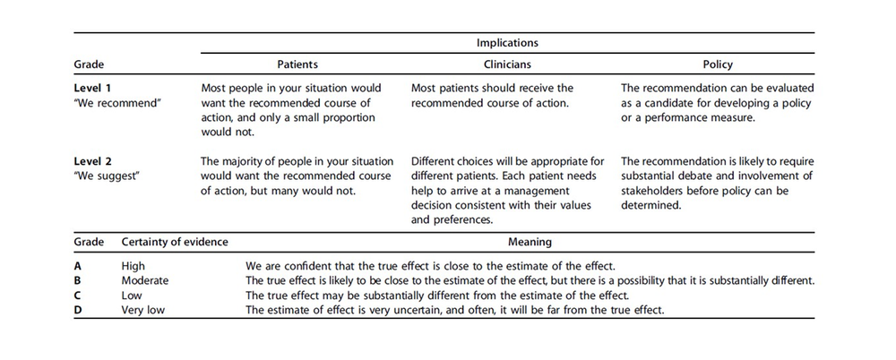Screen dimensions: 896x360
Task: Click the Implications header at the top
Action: click(507, 42)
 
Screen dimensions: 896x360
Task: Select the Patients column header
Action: click(298, 65)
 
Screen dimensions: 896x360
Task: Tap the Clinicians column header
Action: click(507, 65)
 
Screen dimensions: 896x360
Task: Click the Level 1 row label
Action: click(94, 89)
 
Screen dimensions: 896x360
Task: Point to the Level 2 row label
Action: click(94, 161)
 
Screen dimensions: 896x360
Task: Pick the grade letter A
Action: click(78, 266)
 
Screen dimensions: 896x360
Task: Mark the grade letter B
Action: click(78, 280)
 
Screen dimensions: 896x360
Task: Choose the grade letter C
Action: click(78, 295)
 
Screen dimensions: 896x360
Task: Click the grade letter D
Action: click(79, 309)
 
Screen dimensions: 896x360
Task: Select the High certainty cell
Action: click(133, 266)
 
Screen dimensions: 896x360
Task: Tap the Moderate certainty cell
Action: click(145, 280)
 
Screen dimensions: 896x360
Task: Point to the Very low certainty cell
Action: click(144, 309)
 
